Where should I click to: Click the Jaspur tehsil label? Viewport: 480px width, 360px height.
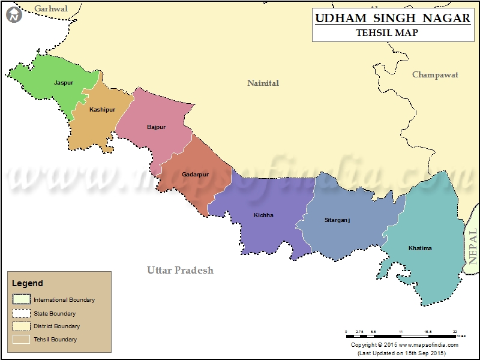click(x=64, y=83)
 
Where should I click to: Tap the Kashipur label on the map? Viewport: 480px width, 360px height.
click(x=103, y=110)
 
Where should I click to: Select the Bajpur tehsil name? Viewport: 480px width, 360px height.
click(x=156, y=127)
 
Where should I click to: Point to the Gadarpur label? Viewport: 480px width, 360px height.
click(x=195, y=175)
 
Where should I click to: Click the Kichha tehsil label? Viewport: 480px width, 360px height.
click(x=263, y=215)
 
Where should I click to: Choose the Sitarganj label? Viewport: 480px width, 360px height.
click(x=337, y=220)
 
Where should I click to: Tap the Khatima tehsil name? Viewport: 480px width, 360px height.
click(x=420, y=248)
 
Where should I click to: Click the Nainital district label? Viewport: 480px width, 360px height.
click(x=263, y=83)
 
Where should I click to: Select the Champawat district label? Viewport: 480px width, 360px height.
click(x=435, y=75)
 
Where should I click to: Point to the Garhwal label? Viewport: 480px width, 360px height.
click(x=51, y=8)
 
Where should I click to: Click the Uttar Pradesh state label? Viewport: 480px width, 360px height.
click(x=180, y=271)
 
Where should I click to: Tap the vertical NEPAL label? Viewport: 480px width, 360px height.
click(x=473, y=246)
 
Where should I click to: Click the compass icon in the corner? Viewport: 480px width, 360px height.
click(x=13, y=14)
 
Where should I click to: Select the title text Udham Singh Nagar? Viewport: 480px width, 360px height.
click(x=392, y=19)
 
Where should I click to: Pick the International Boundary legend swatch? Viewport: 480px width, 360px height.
click(x=21, y=299)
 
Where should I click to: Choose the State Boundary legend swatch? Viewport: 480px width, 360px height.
click(x=21, y=313)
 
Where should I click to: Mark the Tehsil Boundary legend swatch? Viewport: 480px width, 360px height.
click(x=21, y=339)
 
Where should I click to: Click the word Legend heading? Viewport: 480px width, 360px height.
click(x=28, y=283)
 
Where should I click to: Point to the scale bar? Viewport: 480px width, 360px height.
click(x=401, y=332)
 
